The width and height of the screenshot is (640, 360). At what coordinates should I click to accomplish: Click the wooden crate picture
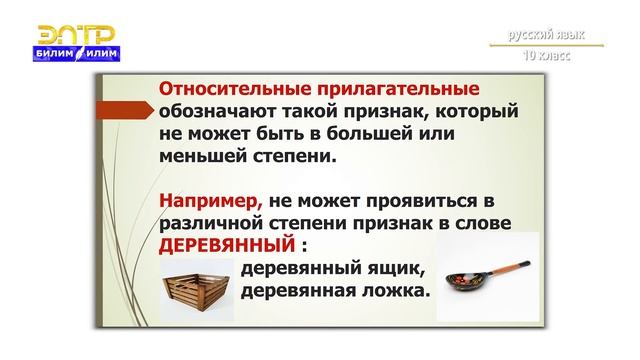[197, 287]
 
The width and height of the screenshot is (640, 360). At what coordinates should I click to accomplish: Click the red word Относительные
[230, 88]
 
